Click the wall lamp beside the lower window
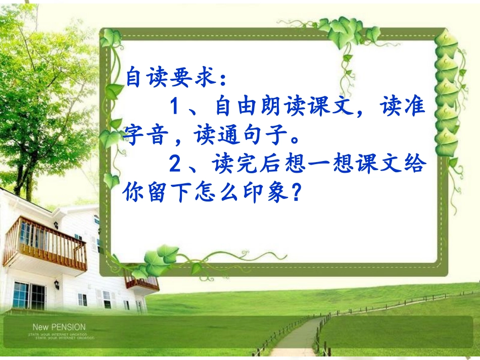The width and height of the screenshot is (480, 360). [57, 285]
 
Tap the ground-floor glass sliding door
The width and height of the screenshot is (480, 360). [29, 296]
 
